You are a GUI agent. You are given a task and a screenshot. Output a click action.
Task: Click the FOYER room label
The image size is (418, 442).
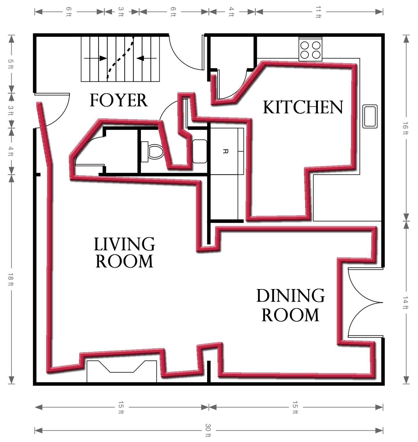click(118, 100)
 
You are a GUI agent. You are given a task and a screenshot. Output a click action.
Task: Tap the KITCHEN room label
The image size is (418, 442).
click(303, 107)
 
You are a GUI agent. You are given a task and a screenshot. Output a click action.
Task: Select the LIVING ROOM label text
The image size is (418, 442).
click(124, 252)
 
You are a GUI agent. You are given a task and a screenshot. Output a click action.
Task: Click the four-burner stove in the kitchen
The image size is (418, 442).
click(310, 50)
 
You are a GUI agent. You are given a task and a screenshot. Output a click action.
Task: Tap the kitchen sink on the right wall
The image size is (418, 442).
click(370, 116)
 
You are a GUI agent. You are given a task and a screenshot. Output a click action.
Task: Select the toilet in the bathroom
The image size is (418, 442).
click(153, 151)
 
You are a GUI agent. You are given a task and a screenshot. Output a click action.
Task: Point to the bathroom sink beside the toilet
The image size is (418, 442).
click(200, 151)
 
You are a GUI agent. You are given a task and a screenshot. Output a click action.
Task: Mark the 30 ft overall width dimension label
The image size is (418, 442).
click(208, 430)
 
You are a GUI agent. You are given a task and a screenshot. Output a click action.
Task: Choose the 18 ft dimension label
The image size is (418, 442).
click(11, 280)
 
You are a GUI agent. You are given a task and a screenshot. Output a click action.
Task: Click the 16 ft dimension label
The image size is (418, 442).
click(406, 128)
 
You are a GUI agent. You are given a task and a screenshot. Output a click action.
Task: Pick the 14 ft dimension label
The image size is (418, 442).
click(406, 302)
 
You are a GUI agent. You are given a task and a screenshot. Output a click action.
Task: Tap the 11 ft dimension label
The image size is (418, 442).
click(318, 12)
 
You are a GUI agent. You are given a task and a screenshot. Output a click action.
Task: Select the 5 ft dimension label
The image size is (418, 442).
click(11, 64)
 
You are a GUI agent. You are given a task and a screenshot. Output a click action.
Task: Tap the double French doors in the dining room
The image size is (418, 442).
click(365, 302)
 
